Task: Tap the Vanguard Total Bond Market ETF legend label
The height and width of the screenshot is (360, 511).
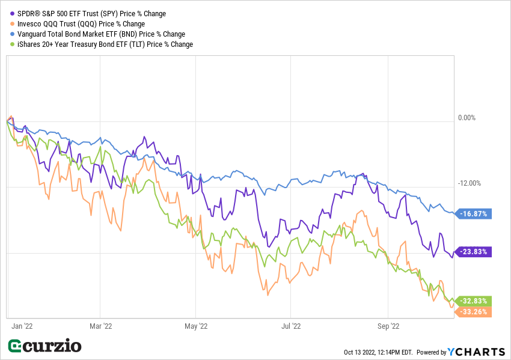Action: (x=101, y=34)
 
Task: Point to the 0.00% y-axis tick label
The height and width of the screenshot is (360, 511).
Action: (x=467, y=118)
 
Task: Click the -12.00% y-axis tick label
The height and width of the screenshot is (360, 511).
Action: (x=468, y=184)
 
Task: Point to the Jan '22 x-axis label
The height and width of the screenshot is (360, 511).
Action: (x=22, y=326)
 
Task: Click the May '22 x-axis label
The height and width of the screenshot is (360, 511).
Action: (x=196, y=326)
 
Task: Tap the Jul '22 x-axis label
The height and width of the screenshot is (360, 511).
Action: (x=291, y=326)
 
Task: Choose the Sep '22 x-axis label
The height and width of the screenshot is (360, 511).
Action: (x=388, y=326)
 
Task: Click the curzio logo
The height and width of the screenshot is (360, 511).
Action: (x=44, y=346)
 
